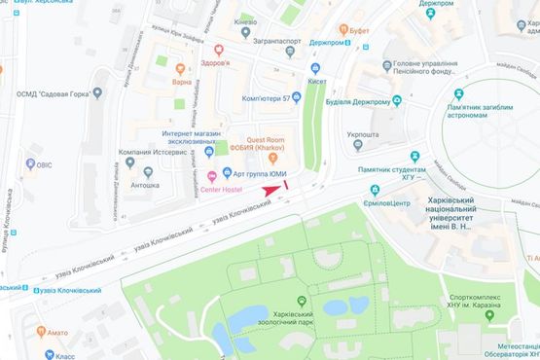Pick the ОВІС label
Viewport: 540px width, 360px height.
pyautogui.click(x=42, y=164)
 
